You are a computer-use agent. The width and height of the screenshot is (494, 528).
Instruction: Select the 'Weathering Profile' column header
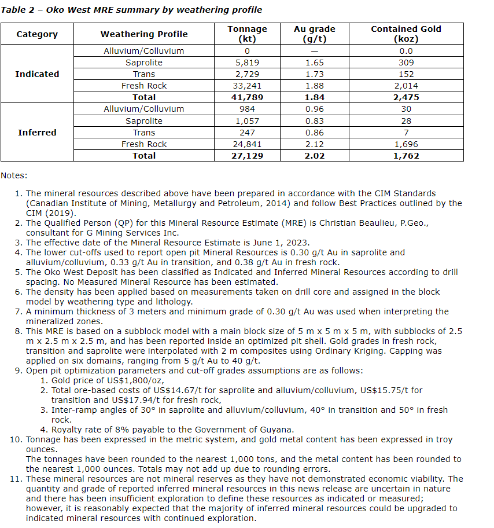point(143,34)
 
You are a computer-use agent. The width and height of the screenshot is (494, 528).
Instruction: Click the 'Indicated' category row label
point(37,74)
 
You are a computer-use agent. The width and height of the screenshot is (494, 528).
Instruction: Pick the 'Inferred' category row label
point(37,133)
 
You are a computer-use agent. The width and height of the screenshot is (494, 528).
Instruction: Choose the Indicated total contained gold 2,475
point(405,97)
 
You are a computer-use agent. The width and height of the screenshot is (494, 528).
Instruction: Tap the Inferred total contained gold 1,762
point(405,156)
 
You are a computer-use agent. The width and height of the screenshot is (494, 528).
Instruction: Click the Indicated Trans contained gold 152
point(405,74)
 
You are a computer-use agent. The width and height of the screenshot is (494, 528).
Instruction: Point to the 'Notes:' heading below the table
point(14,175)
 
